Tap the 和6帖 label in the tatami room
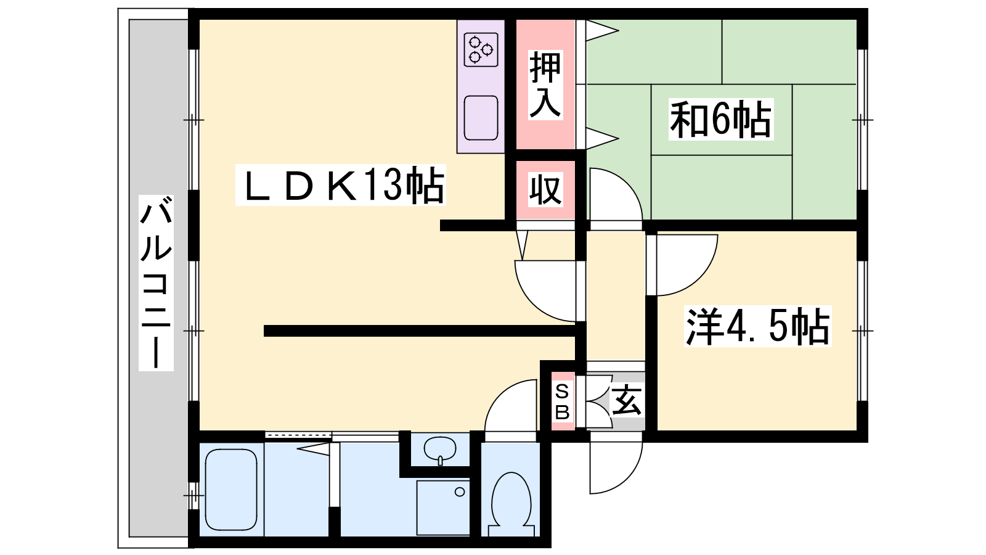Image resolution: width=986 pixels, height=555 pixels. (720, 119)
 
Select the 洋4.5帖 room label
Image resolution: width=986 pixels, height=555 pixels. (757, 326)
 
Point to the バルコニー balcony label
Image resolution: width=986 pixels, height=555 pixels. (156, 283)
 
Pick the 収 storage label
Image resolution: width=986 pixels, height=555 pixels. (545, 190)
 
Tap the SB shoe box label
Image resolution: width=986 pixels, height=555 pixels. (563, 401)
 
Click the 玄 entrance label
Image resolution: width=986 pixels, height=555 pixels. (626, 400)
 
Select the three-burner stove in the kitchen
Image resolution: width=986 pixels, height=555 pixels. (481, 49)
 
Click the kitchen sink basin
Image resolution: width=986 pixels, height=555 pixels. (481, 118)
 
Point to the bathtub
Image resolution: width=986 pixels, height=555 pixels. (231, 490)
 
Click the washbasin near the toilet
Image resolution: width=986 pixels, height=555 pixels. (440, 450)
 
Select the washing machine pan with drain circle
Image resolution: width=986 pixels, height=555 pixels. (443, 508)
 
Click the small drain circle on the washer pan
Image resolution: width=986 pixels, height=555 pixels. (460, 492)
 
